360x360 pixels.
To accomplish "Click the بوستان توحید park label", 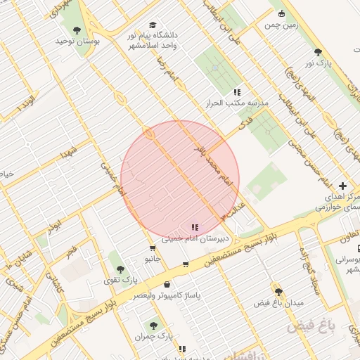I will point(78,42).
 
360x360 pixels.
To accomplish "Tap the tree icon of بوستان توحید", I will point(77,30).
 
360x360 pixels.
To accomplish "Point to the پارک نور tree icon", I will point(318,51).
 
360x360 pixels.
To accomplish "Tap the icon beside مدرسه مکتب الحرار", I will point(237,92).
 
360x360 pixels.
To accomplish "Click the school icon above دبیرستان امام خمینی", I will point(195,227).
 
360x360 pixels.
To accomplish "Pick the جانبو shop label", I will point(153,259).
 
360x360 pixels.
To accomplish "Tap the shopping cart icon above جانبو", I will point(153,248).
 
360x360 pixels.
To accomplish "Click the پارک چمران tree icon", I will point(154,326).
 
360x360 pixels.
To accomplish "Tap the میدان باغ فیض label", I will point(278,302).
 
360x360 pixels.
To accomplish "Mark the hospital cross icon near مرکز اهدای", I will point(342,186).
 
